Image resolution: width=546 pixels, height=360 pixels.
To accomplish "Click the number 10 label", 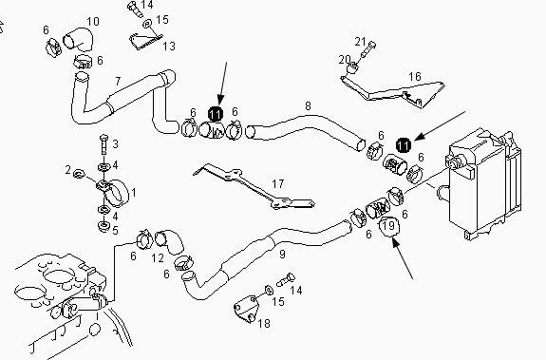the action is point(93,22).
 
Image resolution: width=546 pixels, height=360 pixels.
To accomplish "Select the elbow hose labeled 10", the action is point(78,40).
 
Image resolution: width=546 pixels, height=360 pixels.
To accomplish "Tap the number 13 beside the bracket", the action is point(169,46).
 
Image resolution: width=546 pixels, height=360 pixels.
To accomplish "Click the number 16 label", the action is point(414,76).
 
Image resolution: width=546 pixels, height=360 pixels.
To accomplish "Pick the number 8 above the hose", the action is point(308,105).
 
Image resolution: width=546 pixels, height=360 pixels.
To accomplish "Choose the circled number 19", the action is point(389,226).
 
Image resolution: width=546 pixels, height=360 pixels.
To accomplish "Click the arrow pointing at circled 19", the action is point(403,258).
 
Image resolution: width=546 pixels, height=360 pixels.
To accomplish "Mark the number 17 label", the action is point(277,183).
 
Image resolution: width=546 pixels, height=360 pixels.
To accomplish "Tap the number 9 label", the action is point(282,255).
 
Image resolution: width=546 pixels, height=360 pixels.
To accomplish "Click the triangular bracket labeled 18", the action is point(247,309).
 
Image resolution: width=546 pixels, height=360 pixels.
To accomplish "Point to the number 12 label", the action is point(158,258).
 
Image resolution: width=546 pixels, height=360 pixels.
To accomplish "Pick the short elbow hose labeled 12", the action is point(170,241).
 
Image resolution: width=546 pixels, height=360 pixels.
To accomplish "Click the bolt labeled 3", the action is point(104,143).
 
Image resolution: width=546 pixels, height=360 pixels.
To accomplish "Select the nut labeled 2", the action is point(80,173).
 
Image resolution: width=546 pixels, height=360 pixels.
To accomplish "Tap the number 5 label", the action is point(115,231).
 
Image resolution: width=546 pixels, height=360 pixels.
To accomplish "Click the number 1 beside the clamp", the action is point(133,192).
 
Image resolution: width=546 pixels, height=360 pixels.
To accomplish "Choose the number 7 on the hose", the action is point(118,82).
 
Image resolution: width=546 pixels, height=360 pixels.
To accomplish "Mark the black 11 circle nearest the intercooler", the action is point(404,145).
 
